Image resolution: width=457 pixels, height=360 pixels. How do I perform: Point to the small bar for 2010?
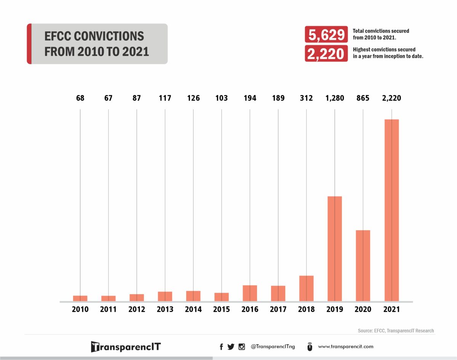(x=80, y=298)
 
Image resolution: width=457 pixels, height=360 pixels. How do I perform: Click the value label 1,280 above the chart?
(x=335, y=98)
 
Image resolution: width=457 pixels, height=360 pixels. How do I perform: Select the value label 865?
(x=363, y=98)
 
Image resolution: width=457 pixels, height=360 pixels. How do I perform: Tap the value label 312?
(x=306, y=98)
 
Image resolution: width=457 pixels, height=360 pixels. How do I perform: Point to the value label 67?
(x=108, y=98)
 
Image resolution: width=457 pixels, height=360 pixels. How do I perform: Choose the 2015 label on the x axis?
(x=221, y=309)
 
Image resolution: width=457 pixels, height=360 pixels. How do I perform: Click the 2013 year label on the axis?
(x=165, y=309)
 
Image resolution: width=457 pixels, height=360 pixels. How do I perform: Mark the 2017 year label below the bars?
(x=278, y=309)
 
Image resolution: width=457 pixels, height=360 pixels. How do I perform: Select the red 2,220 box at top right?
(x=326, y=54)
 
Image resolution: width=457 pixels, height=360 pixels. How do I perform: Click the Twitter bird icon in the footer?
(x=231, y=347)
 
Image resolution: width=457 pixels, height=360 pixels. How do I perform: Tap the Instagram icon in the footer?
(x=241, y=347)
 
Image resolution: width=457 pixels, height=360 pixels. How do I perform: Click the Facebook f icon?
(x=221, y=347)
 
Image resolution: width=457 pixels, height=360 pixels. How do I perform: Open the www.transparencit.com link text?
(x=345, y=347)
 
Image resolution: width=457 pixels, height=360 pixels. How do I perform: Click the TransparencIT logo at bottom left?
(x=126, y=347)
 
